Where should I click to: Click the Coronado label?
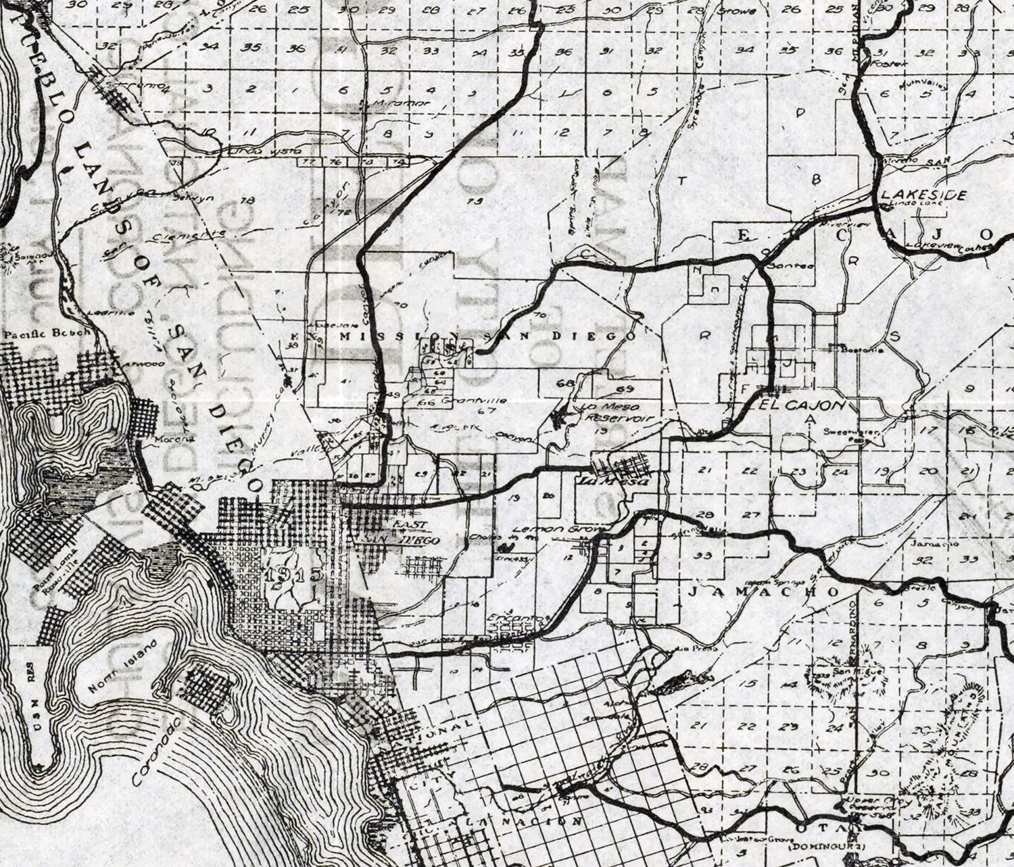tap(157, 752)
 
